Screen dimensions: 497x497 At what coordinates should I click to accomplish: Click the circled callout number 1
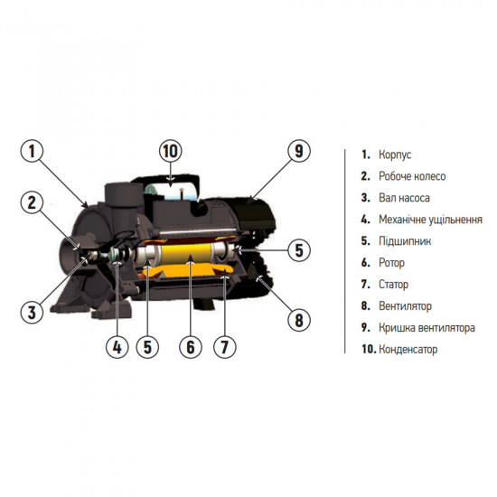coord(32,151)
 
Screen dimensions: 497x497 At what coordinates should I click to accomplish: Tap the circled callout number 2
coord(32,202)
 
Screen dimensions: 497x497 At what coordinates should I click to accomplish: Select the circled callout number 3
coord(32,313)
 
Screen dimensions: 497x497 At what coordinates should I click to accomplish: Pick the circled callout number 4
coord(117,347)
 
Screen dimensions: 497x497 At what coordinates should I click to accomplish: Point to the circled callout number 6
coord(191,347)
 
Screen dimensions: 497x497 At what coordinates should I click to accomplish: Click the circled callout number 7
coord(224,347)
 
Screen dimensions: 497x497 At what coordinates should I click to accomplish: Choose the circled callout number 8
coord(299,320)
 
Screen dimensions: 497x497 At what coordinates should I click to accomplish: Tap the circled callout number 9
coord(299,151)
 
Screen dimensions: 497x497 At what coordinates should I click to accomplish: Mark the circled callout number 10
coord(171,151)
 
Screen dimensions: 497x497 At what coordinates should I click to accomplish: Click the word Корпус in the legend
coord(395,155)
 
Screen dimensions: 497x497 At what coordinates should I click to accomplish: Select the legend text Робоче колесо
coord(412,176)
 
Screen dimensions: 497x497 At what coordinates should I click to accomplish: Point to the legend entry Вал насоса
coord(405,198)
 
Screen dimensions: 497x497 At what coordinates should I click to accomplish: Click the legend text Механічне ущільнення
coord(430,220)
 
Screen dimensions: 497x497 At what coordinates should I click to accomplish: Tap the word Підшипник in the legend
coord(405,241)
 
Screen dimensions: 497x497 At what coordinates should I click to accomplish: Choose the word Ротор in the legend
coord(392,263)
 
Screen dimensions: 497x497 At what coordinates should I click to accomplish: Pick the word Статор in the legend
coord(393,285)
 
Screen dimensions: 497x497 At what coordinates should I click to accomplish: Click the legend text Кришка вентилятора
coord(427,328)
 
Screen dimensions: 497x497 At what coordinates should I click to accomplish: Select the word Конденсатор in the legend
coord(408,350)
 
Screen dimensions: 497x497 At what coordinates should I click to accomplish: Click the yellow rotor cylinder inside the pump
coord(187,253)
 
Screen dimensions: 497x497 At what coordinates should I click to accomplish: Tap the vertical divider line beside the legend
coord(345,251)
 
